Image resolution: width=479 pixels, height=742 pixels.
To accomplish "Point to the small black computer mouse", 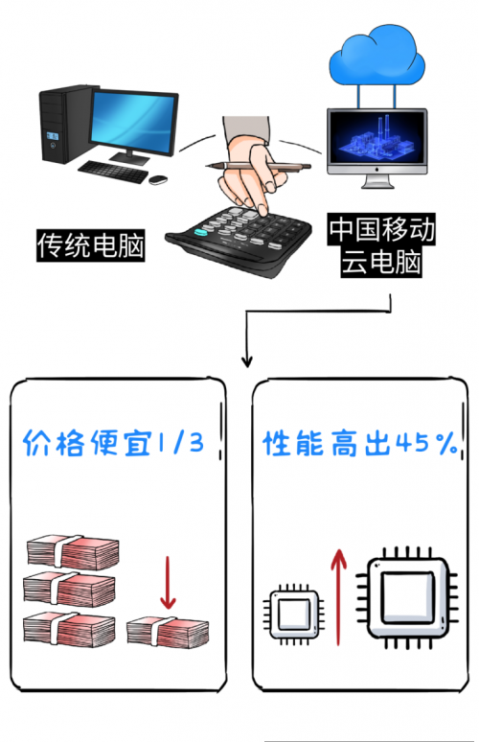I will point(158,177).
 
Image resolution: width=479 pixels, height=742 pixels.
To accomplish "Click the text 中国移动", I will point(382,231).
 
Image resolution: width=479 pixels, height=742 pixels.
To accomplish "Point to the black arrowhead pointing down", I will point(247,361).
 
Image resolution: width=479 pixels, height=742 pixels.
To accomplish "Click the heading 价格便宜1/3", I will point(114,442).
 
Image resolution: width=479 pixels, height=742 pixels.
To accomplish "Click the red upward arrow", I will point(336,591).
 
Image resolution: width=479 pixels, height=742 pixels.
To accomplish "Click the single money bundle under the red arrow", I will point(167,631).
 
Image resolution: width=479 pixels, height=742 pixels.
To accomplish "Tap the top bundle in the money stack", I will point(72,551).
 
